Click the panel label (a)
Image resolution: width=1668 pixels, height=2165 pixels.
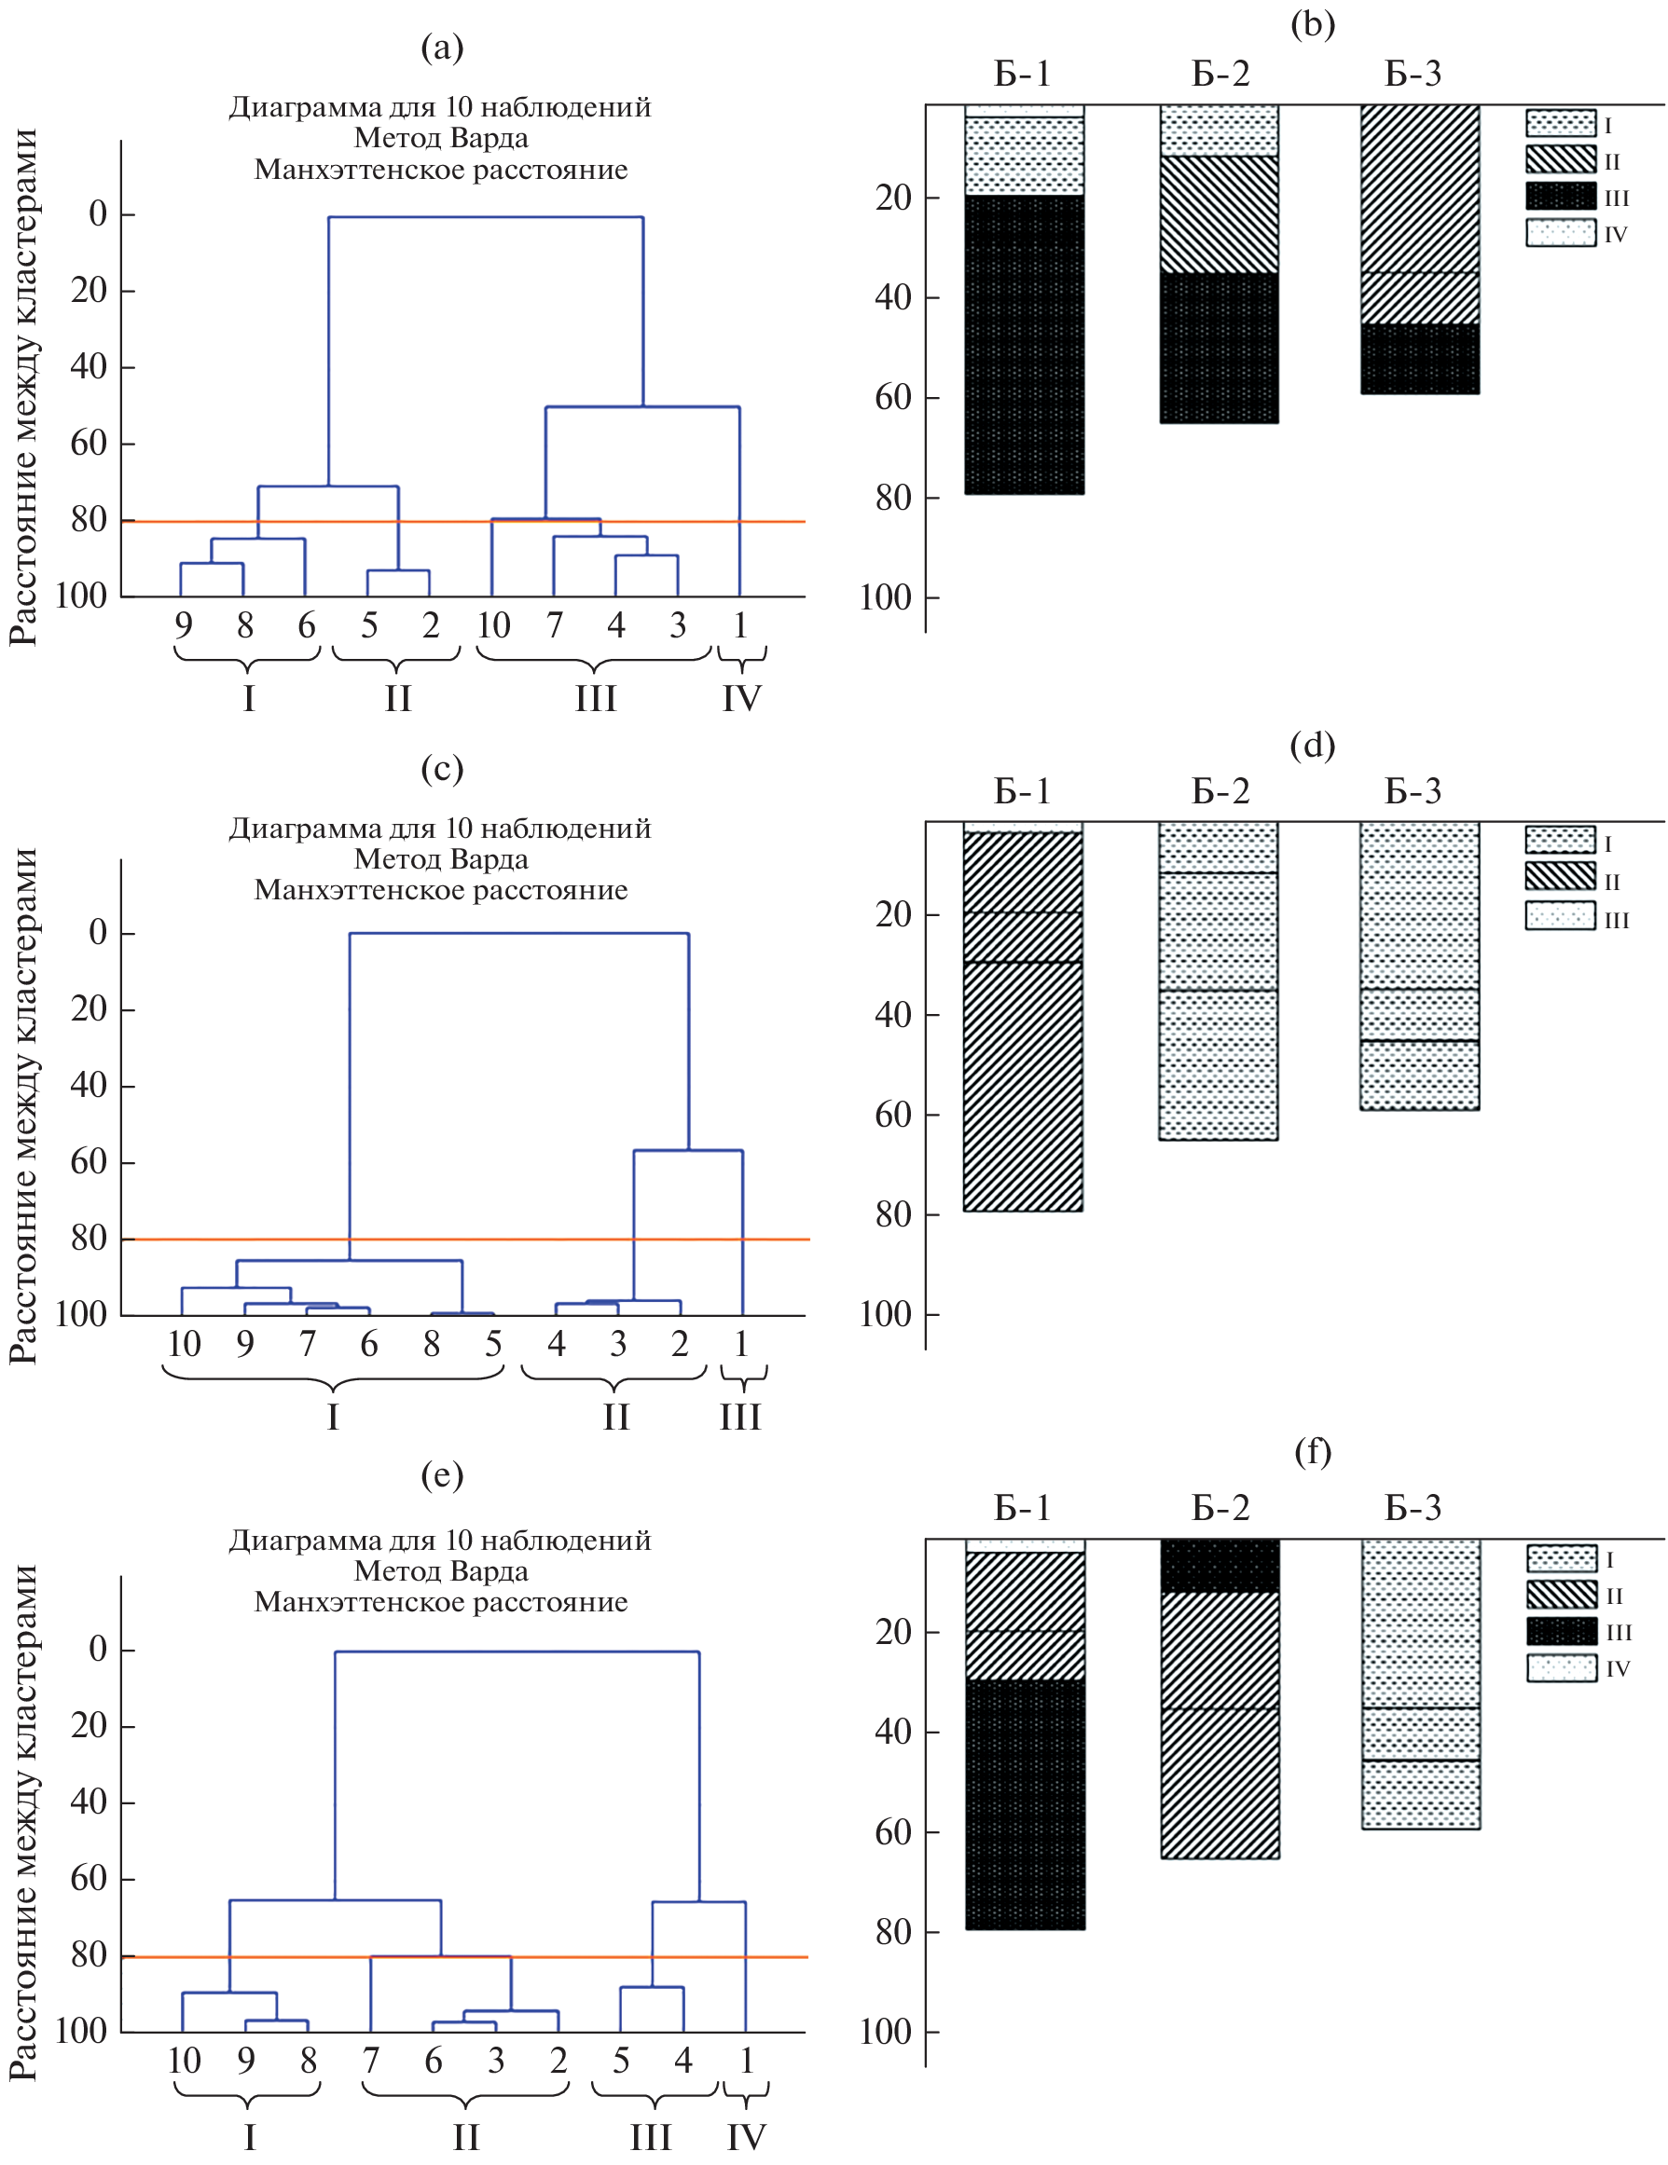(x=441, y=48)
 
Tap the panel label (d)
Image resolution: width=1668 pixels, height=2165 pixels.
(x=1312, y=745)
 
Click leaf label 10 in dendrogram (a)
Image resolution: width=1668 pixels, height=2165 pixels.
(x=493, y=625)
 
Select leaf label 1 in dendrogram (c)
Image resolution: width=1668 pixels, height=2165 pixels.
(x=741, y=1343)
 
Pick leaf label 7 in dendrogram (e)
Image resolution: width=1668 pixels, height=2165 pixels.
(x=371, y=2061)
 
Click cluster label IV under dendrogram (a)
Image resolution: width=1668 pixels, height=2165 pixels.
(x=741, y=698)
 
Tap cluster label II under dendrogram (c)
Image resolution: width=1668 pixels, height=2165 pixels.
(x=616, y=1417)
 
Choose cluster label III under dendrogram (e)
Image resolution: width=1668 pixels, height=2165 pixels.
(x=651, y=2136)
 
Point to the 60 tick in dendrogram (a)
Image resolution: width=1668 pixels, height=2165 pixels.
(x=89, y=443)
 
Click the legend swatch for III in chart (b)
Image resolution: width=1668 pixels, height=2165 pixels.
(x=1560, y=197)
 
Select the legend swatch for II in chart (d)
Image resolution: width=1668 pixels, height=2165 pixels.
(x=1559, y=876)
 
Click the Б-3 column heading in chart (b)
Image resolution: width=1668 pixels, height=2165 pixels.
(x=1413, y=74)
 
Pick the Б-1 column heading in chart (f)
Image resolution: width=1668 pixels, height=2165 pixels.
(x=1022, y=1508)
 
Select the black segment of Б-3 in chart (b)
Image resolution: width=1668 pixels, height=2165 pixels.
(x=1419, y=358)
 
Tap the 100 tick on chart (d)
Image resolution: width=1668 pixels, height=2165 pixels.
(x=885, y=1314)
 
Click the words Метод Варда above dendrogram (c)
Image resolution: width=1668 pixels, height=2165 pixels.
(x=440, y=858)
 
